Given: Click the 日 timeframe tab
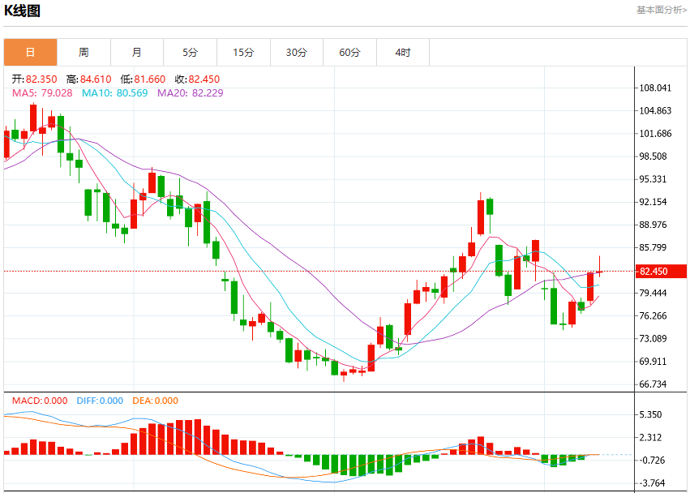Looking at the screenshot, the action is tap(30, 53).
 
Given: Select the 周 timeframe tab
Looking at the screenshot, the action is tap(84, 53).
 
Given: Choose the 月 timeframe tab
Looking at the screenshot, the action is tap(137, 53).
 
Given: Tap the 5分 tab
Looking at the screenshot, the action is tap(190, 53).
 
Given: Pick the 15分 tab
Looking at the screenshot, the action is tap(243, 53).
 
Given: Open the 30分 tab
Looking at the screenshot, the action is tap(297, 53).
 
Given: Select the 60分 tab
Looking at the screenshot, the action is tap(349, 53).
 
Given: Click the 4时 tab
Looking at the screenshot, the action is tap(403, 53).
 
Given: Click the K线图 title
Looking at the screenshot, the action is tap(22, 11).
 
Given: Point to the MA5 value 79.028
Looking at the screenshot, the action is tap(56, 93).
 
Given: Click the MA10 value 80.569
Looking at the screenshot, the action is tap(132, 93).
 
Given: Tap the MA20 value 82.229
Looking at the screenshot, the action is tap(208, 93).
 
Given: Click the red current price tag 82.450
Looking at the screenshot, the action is tap(661, 271).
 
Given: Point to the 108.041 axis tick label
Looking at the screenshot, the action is tap(655, 88).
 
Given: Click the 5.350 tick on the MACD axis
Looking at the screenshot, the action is tap(650, 414).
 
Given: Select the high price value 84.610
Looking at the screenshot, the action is tap(96, 79).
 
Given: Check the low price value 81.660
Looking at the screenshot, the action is tap(150, 79).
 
